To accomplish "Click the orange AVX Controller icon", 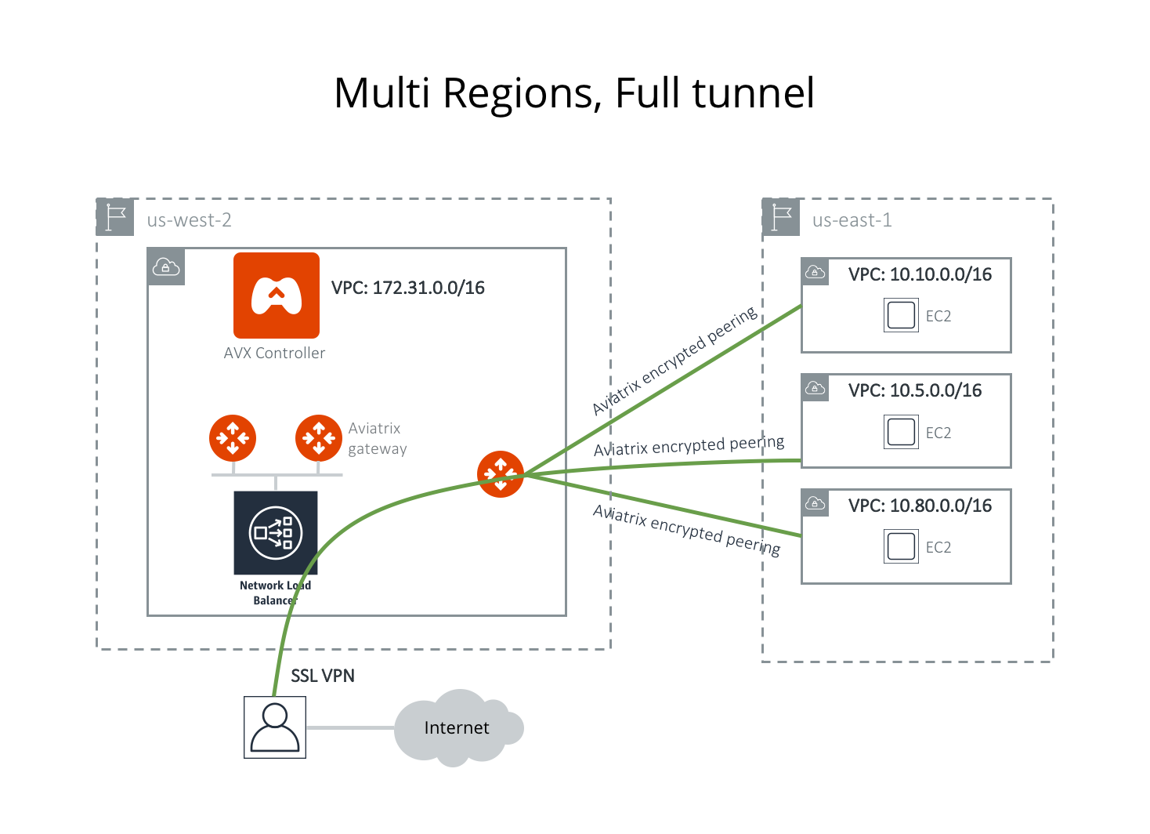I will coord(276,296).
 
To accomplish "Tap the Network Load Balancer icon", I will coord(275,533).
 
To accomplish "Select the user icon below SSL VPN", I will coord(275,727).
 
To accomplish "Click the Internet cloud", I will coord(457,728).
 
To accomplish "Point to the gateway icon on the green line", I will coord(500,473).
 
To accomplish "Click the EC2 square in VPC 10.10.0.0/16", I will coord(901,315).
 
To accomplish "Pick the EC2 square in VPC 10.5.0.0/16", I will coord(901,432).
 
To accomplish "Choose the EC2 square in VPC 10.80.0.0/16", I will coord(901,546).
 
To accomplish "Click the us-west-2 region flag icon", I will coord(115,217).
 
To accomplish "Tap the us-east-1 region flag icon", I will coord(781,217).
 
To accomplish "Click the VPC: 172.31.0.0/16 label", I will coord(407,288).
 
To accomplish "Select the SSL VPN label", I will coord(323,676).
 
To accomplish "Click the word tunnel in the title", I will coord(754,93).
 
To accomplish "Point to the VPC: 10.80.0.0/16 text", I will coord(920,506).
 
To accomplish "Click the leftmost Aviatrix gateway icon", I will coord(233,438).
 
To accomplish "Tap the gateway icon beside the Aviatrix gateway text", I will coord(318,438).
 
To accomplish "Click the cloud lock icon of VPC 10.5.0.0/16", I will coord(815,387).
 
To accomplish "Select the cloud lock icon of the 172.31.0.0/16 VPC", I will coord(166,267).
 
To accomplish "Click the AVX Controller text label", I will coord(274,354).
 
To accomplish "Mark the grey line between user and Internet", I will coord(349,728).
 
